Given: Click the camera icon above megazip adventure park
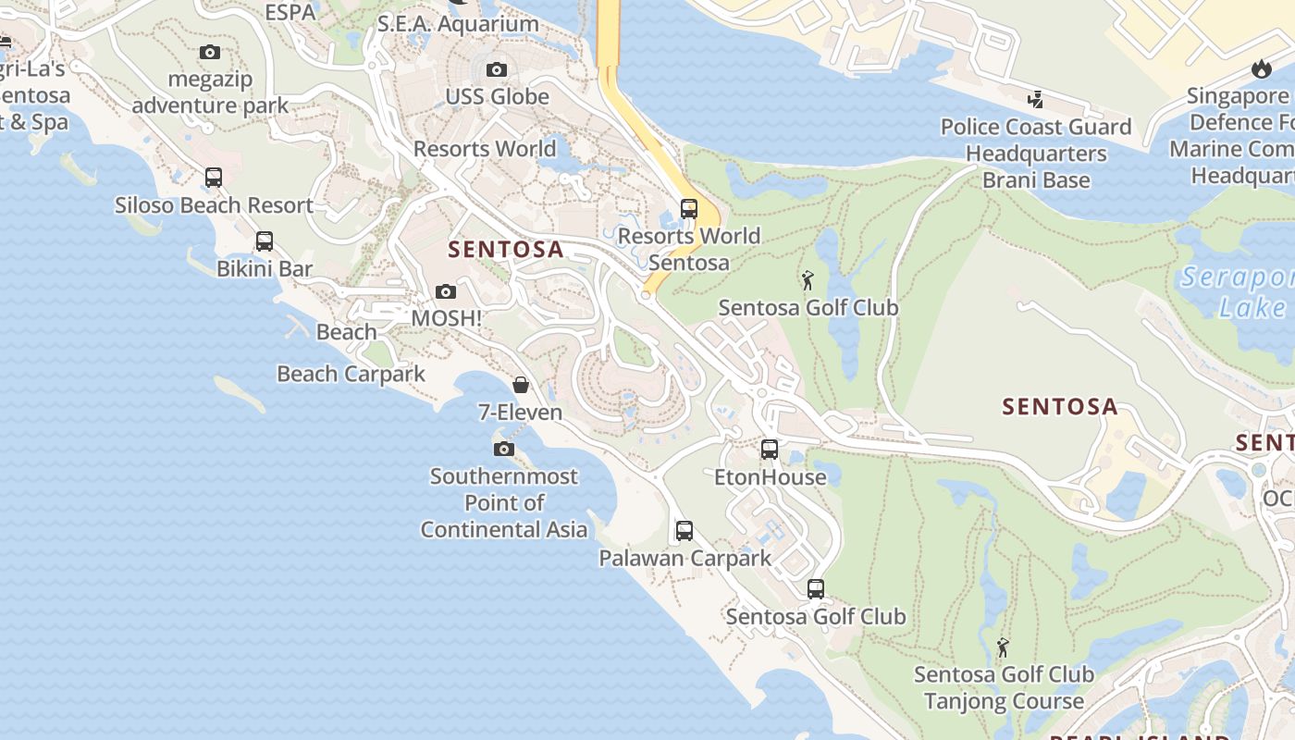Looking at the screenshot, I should (x=210, y=53).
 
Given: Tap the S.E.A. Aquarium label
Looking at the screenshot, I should (x=458, y=24).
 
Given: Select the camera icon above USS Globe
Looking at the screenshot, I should (x=497, y=70).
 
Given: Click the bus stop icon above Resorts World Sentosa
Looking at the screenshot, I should (x=688, y=209).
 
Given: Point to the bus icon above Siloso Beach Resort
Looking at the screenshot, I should (x=214, y=178).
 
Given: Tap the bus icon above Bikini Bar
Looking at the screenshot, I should (x=265, y=241).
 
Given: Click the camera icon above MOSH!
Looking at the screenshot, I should (x=446, y=291).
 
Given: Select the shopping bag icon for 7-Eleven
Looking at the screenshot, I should (x=521, y=385).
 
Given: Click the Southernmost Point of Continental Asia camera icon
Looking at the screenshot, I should (x=504, y=450).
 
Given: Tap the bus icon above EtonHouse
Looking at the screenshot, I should (x=770, y=450).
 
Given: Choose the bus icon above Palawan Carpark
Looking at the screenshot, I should (x=684, y=531).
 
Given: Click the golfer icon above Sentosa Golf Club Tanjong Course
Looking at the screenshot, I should (x=1003, y=647).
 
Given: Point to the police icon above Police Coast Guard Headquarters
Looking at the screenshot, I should (x=1036, y=100).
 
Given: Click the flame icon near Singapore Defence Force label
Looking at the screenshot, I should (x=1261, y=68).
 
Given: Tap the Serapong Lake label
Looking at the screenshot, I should (x=1239, y=292).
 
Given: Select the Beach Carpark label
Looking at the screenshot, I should (x=351, y=374).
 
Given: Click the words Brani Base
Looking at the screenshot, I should (x=1036, y=180).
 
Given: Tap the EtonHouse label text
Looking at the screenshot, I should (x=771, y=477).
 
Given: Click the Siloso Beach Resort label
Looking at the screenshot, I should (x=214, y=205).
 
